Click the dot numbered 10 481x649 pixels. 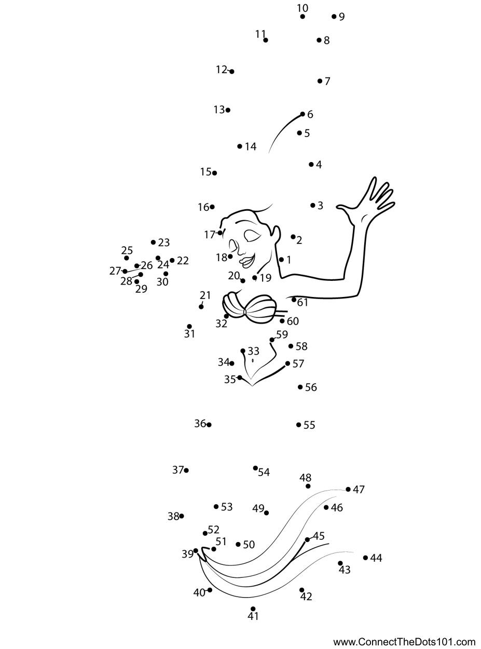point(303,17)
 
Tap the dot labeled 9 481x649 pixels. point(334,17)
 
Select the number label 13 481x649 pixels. point(219,110)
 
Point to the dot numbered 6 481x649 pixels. point(303,114)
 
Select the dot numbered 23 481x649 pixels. point(154,242)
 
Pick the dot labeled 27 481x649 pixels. point(125,272)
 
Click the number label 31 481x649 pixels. point(189,334)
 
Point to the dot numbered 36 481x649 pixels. point(209,425)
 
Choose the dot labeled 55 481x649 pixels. point(299,425)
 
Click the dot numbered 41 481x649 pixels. point(253,609)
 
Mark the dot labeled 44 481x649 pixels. point(366,558)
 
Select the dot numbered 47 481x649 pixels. point(349,489)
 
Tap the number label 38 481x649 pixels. point(173,516)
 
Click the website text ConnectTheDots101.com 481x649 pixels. point(404,642)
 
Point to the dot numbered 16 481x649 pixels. point(212,207)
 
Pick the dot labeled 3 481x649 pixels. point(313,206)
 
